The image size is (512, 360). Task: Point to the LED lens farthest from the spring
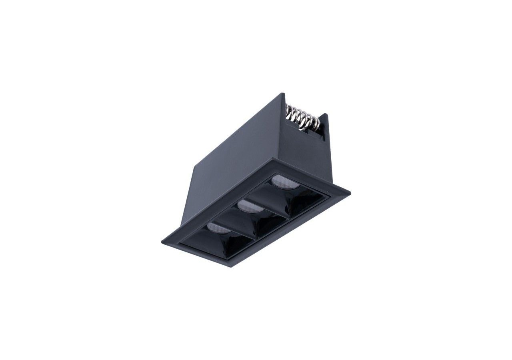click(216, 228)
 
